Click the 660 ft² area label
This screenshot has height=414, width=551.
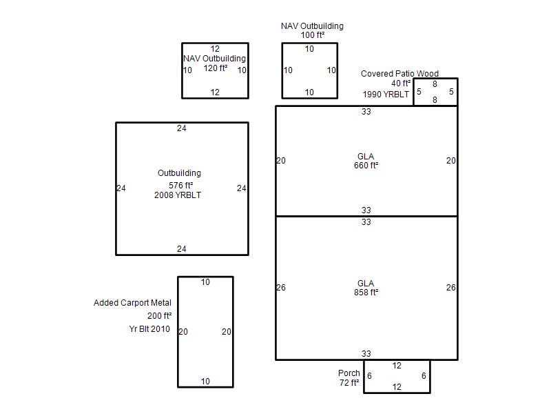[366, 166]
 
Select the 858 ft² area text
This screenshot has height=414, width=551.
[366, 293]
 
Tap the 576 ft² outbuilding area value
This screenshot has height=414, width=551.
[180, 186]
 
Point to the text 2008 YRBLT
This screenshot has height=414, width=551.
[178, 195]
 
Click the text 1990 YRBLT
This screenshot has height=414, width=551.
[386, 95]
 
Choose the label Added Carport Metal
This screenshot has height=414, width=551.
[132, 303]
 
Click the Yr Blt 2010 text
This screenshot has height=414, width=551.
[149, 329]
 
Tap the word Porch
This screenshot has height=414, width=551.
[349, 373]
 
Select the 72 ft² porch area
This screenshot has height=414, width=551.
[349, 383]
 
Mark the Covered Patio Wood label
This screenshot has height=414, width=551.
[399, 74]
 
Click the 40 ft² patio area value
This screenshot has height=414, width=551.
[401, 83]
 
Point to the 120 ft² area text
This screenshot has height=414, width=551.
[216, 68]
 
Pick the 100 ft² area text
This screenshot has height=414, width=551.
[313, 35]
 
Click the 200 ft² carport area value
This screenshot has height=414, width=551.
[160, 316]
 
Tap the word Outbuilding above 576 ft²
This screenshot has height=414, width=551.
[179, 173]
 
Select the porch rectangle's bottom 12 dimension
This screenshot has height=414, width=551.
[397, 387]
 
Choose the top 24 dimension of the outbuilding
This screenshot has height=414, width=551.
[182, 128]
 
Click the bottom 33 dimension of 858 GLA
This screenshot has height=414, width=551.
[366, 354]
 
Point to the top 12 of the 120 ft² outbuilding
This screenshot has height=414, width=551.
[215, 49]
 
